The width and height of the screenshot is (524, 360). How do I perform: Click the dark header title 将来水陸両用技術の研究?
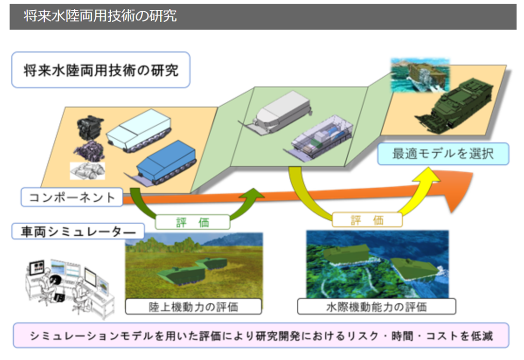(x=100, y=16)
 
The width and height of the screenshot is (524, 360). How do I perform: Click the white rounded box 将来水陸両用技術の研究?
(x=101, y=70)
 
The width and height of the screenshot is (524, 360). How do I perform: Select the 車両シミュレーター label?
(x=78, y=230)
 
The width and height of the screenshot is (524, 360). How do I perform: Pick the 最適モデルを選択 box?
(x=443, y=154)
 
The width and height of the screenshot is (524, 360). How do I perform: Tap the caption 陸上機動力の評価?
(x=193, y=307)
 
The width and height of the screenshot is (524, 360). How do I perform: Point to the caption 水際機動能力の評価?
(x=376, y=307)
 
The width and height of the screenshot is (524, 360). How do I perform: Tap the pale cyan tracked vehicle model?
(x=138, y=129)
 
